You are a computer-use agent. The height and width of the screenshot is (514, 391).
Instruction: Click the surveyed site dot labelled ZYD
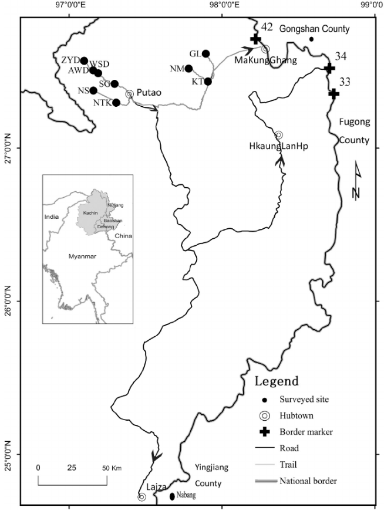pos(84,61)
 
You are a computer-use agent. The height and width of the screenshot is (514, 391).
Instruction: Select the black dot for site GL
pos(206,54)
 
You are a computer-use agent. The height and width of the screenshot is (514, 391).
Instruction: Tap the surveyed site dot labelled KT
pos(208,82)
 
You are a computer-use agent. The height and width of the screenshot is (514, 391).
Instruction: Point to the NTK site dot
pos(116,103)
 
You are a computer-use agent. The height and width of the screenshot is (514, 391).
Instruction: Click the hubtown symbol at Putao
pos(130,93)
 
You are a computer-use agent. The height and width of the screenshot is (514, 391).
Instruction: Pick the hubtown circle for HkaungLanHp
pos(279,134)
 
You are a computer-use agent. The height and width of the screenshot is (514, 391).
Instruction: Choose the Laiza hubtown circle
pos(142,497)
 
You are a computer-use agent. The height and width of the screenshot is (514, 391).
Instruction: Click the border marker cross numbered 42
pos(255,39)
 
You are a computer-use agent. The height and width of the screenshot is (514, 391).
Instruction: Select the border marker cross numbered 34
pos(329,69)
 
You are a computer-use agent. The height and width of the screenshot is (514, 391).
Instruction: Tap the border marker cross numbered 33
pos(333,93)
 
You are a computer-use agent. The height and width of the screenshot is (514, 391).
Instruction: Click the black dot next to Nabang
pos(172,496)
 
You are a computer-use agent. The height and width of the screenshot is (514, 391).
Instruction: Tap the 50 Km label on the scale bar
pos(112,468)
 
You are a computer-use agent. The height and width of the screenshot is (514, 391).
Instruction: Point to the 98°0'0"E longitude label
pos(223,5)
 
